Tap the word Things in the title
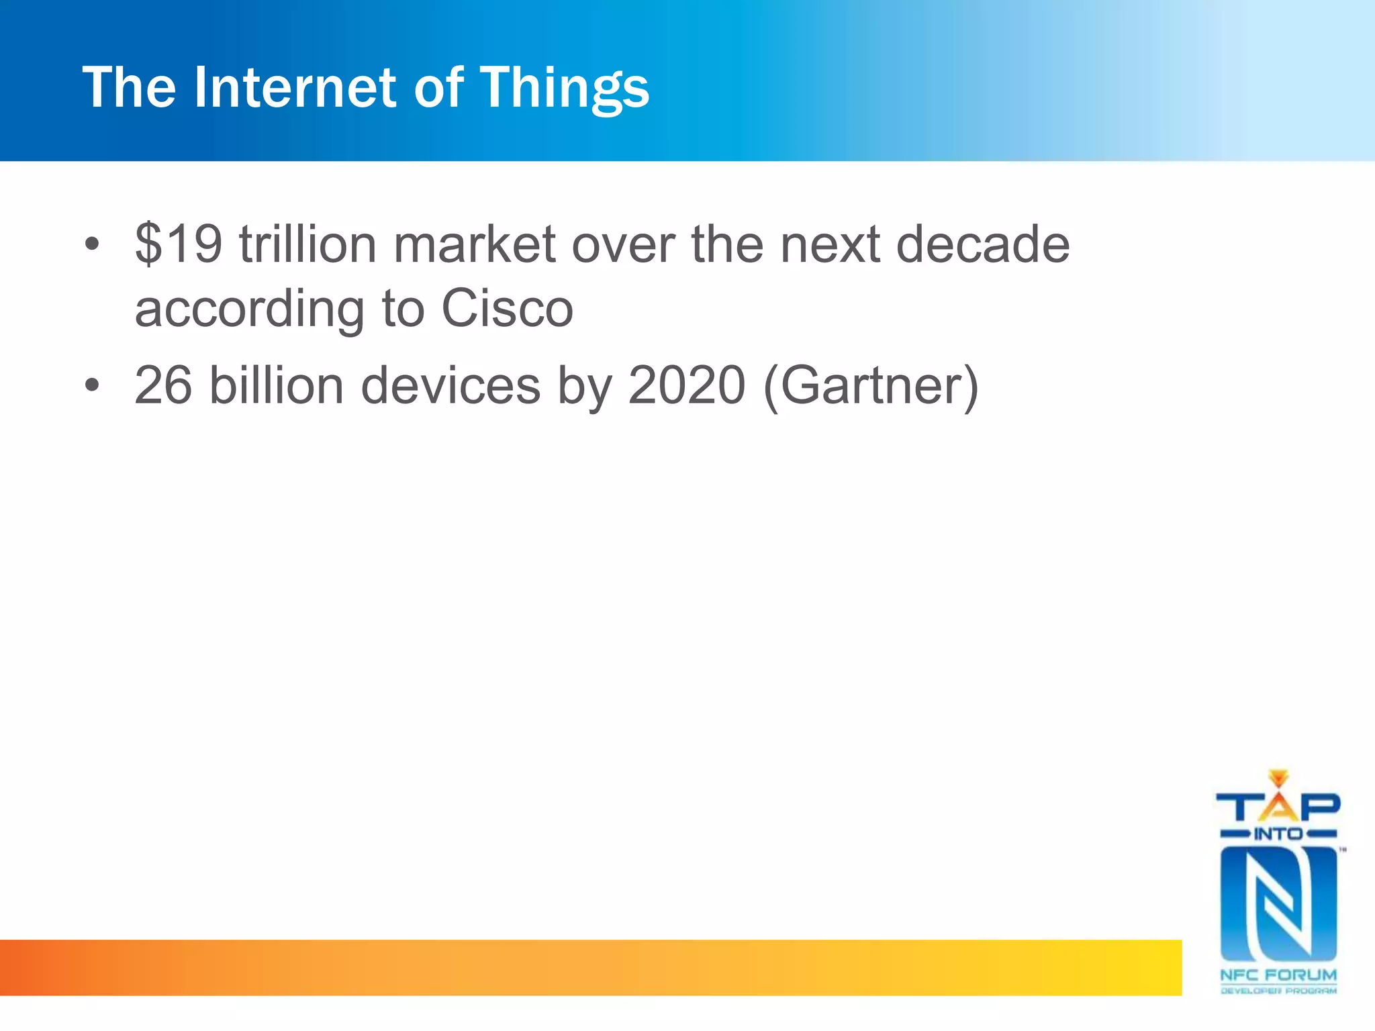[564, 89]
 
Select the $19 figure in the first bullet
[179, 244]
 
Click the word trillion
[307, 244]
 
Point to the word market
[474, 244]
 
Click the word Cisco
[507, 309]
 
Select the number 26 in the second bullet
[163, 385]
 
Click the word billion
[277, 385]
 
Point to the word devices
[451, 385]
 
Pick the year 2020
[686, 385]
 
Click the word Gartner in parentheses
[871, 387]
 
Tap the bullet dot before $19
[92, 244]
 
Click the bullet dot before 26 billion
[92, 386]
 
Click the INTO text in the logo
[1278, 834]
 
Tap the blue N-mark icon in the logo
[1278, 903]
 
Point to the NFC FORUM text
[1278, 975]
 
